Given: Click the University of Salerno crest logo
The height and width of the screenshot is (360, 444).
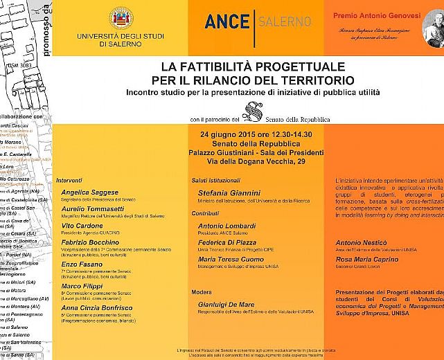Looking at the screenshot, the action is tap(121, 19).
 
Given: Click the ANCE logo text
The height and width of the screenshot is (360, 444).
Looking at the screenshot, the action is tap(227, 21).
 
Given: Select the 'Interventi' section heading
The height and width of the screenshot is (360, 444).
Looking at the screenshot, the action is tap(69, 180).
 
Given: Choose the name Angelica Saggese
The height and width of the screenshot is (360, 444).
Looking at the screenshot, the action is tap(90, 192).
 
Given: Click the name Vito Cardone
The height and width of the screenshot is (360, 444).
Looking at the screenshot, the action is tap(82, 226).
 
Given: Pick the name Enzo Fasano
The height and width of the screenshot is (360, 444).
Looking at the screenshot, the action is tap(82, 265).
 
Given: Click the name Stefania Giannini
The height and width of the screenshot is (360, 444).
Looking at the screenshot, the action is tap(229, 192).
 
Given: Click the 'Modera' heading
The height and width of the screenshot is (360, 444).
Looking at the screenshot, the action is tap(202, 291).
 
